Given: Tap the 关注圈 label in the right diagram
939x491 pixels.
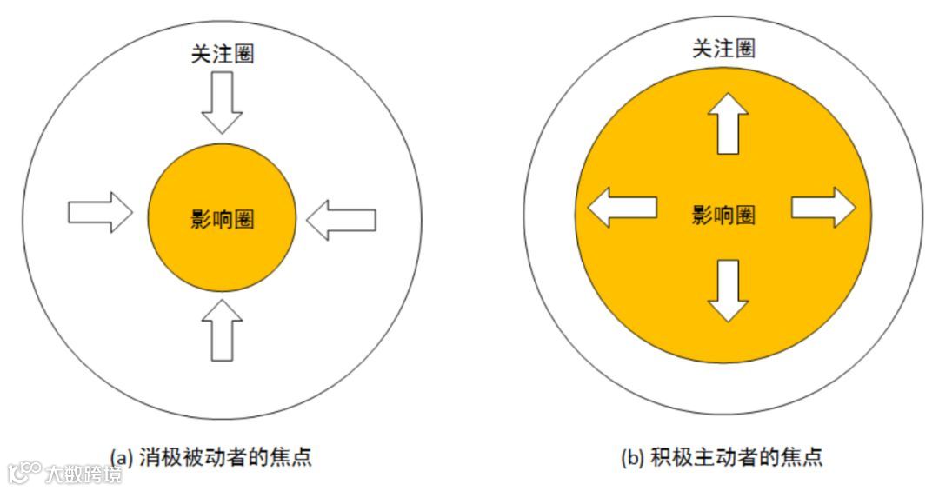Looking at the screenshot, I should pyautogui.click(x=723, y=49).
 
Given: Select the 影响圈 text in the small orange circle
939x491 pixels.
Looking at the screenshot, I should pyautogui.click(x=222, y=219).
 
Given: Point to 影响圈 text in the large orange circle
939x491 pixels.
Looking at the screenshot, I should pyautogui.click(x=723, y=215).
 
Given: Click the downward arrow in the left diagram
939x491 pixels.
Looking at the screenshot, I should pyautogui.click(x=222, y=102).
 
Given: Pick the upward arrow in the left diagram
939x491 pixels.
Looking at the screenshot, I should pyautogui.click(x=222, y=330).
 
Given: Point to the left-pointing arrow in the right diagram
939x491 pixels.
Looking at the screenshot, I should pyautogui.click(x=622, y=208).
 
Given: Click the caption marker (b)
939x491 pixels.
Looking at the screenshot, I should pyautogui.click(x=632, y=457).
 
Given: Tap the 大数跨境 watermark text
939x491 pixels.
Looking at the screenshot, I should pyautogui.click(x=84, y=474).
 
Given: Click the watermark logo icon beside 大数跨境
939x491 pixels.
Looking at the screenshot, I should pyautogui.click(x=24, y=473).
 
